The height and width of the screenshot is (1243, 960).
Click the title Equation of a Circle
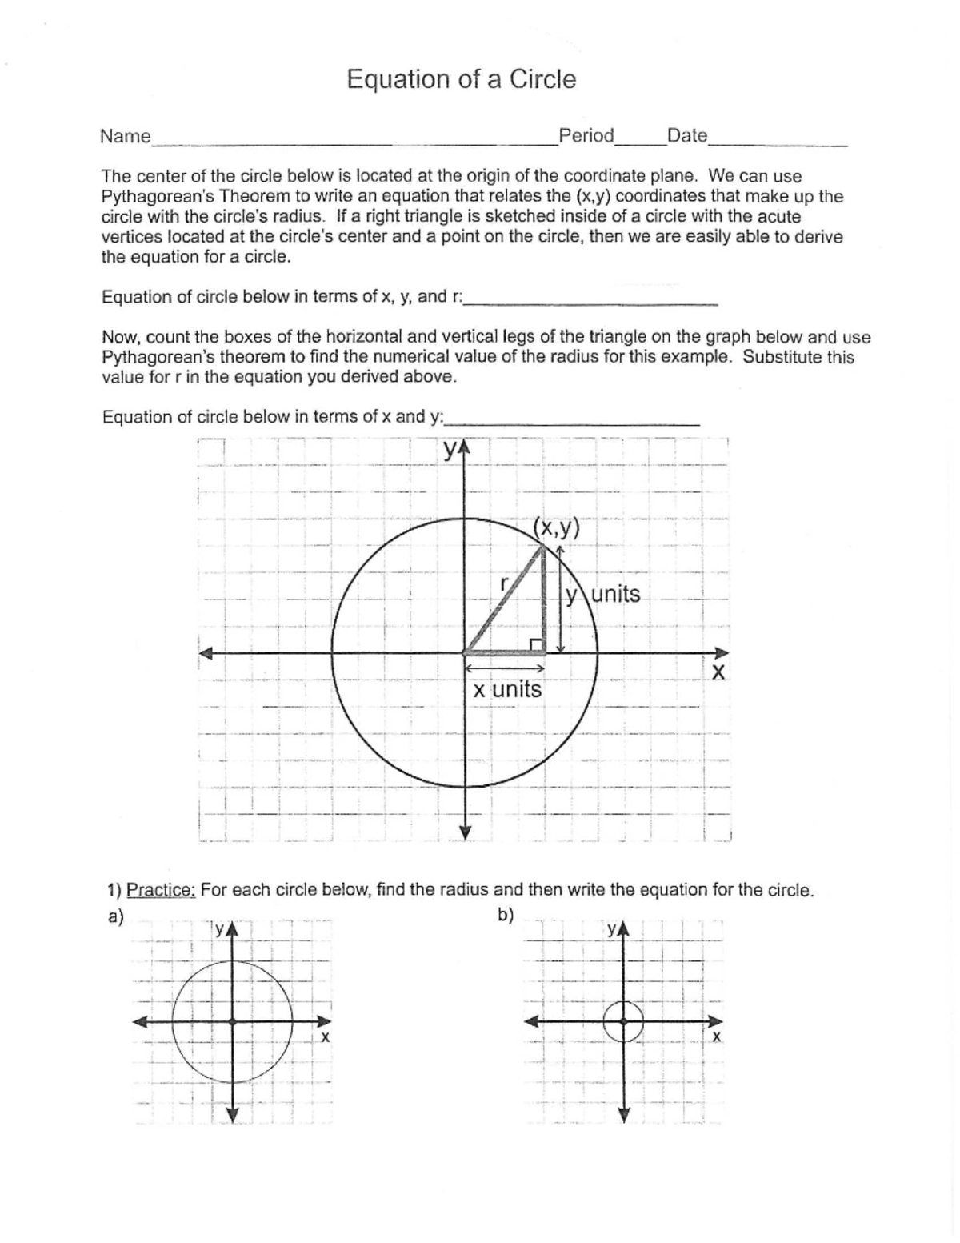(x=461, y=79)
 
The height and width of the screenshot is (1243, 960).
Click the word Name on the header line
(x=125, y=136)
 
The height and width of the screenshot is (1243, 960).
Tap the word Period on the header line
(x=586, y=135)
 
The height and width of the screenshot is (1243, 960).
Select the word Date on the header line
(x=686, y=135)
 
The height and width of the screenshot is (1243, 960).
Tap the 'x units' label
(x=506, y=689)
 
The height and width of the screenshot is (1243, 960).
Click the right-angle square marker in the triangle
(x=536, y=645)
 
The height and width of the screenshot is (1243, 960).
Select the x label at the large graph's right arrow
(x=718, y=672)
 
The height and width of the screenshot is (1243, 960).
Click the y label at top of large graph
(x=452, y=451)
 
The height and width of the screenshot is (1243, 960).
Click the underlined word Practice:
(x=161, y=890)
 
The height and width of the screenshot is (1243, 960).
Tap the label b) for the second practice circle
(x=506, y=915)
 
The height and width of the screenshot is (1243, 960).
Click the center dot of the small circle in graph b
(x=624, y=1022)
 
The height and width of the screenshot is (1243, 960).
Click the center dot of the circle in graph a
(x=232, y=1022)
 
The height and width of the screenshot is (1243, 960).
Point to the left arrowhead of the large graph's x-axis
(x=207, y=653)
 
